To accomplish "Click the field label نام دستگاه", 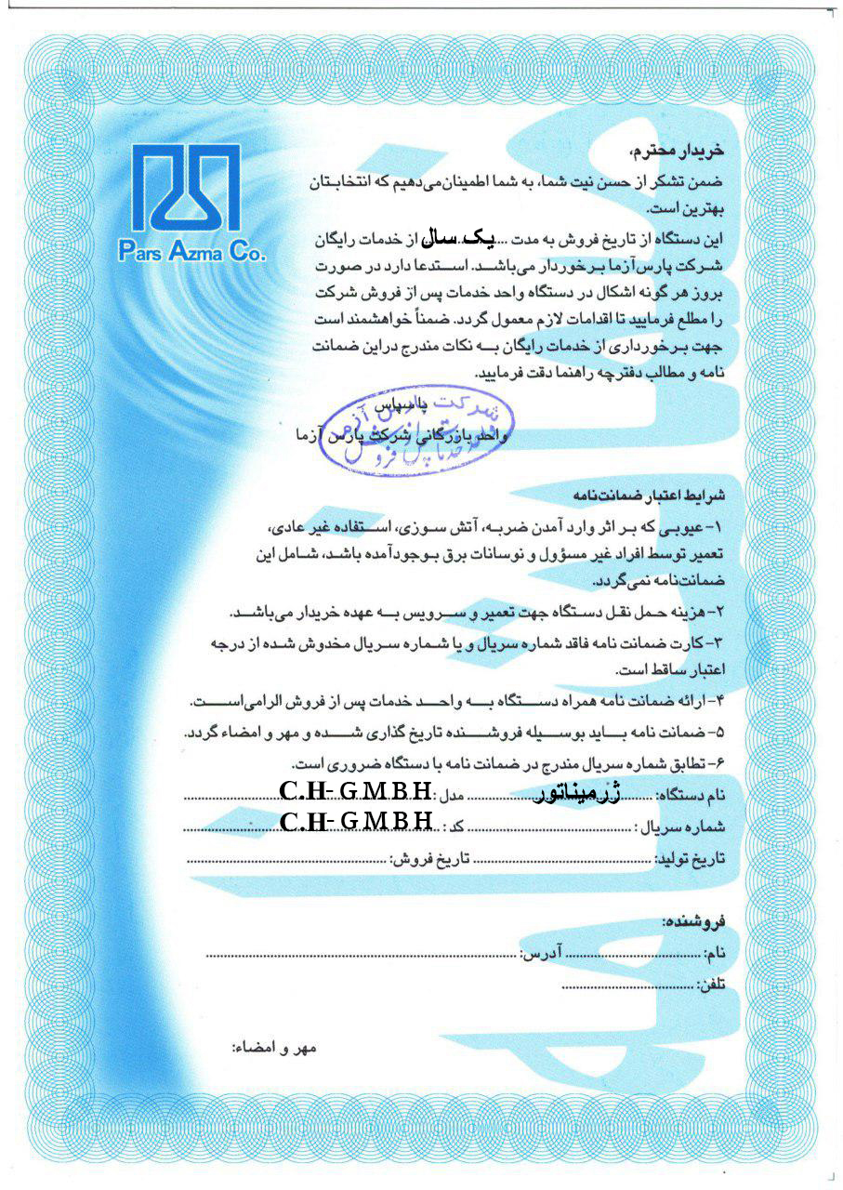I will click(x=690, y=795).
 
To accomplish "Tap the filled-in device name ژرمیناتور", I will click(x=579, y=793).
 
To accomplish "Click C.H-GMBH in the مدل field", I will click(x=356, y=792).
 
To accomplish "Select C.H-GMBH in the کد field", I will click(x=356, y=821).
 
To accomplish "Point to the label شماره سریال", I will click(x=681, y=826).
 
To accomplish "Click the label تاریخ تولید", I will click(x=692, y=858).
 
